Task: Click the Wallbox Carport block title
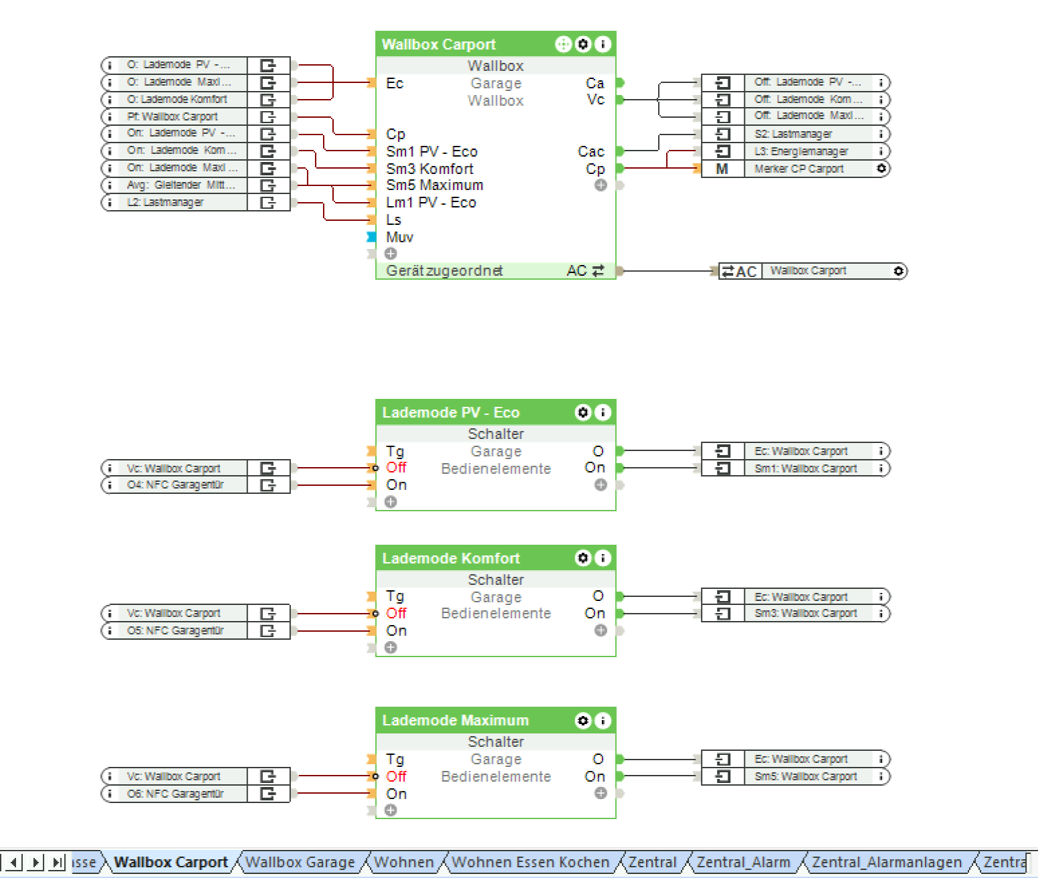point(439,45)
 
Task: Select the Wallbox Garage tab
point(300,862)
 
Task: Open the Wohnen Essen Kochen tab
point(530,862)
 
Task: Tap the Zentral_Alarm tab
point(743,862)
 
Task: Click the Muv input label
point(399,237)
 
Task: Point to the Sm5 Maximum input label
point(434,185)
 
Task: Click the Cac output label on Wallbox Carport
point(591,152)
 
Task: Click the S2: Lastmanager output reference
point(793,134)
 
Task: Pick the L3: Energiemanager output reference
point(801,151)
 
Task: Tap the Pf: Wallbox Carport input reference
point(173,116)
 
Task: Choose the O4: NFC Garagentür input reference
point(175,485)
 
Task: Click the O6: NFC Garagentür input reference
point(175,794)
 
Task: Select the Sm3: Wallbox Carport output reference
point(805,613)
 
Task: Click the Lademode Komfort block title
point(451,558)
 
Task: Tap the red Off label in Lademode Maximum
point(396,776)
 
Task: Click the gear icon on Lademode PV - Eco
point(583,412)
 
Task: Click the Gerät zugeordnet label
point(444,270)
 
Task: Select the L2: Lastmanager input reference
point(165,202)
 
